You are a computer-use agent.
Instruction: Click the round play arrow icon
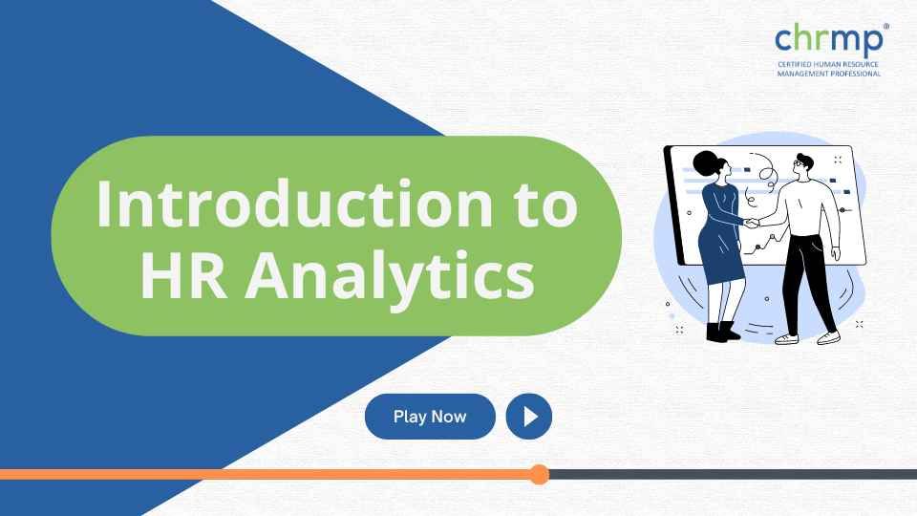click(x=529, y=417)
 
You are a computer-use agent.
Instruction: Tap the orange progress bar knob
click(x=540, y=474)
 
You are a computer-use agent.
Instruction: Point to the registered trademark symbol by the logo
click(x=887, y=27)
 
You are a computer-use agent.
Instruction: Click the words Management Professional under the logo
click(x=829, y=73)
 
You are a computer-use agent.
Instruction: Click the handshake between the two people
click(x=753, y=224)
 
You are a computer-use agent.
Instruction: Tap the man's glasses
click(x=800, y=164)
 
